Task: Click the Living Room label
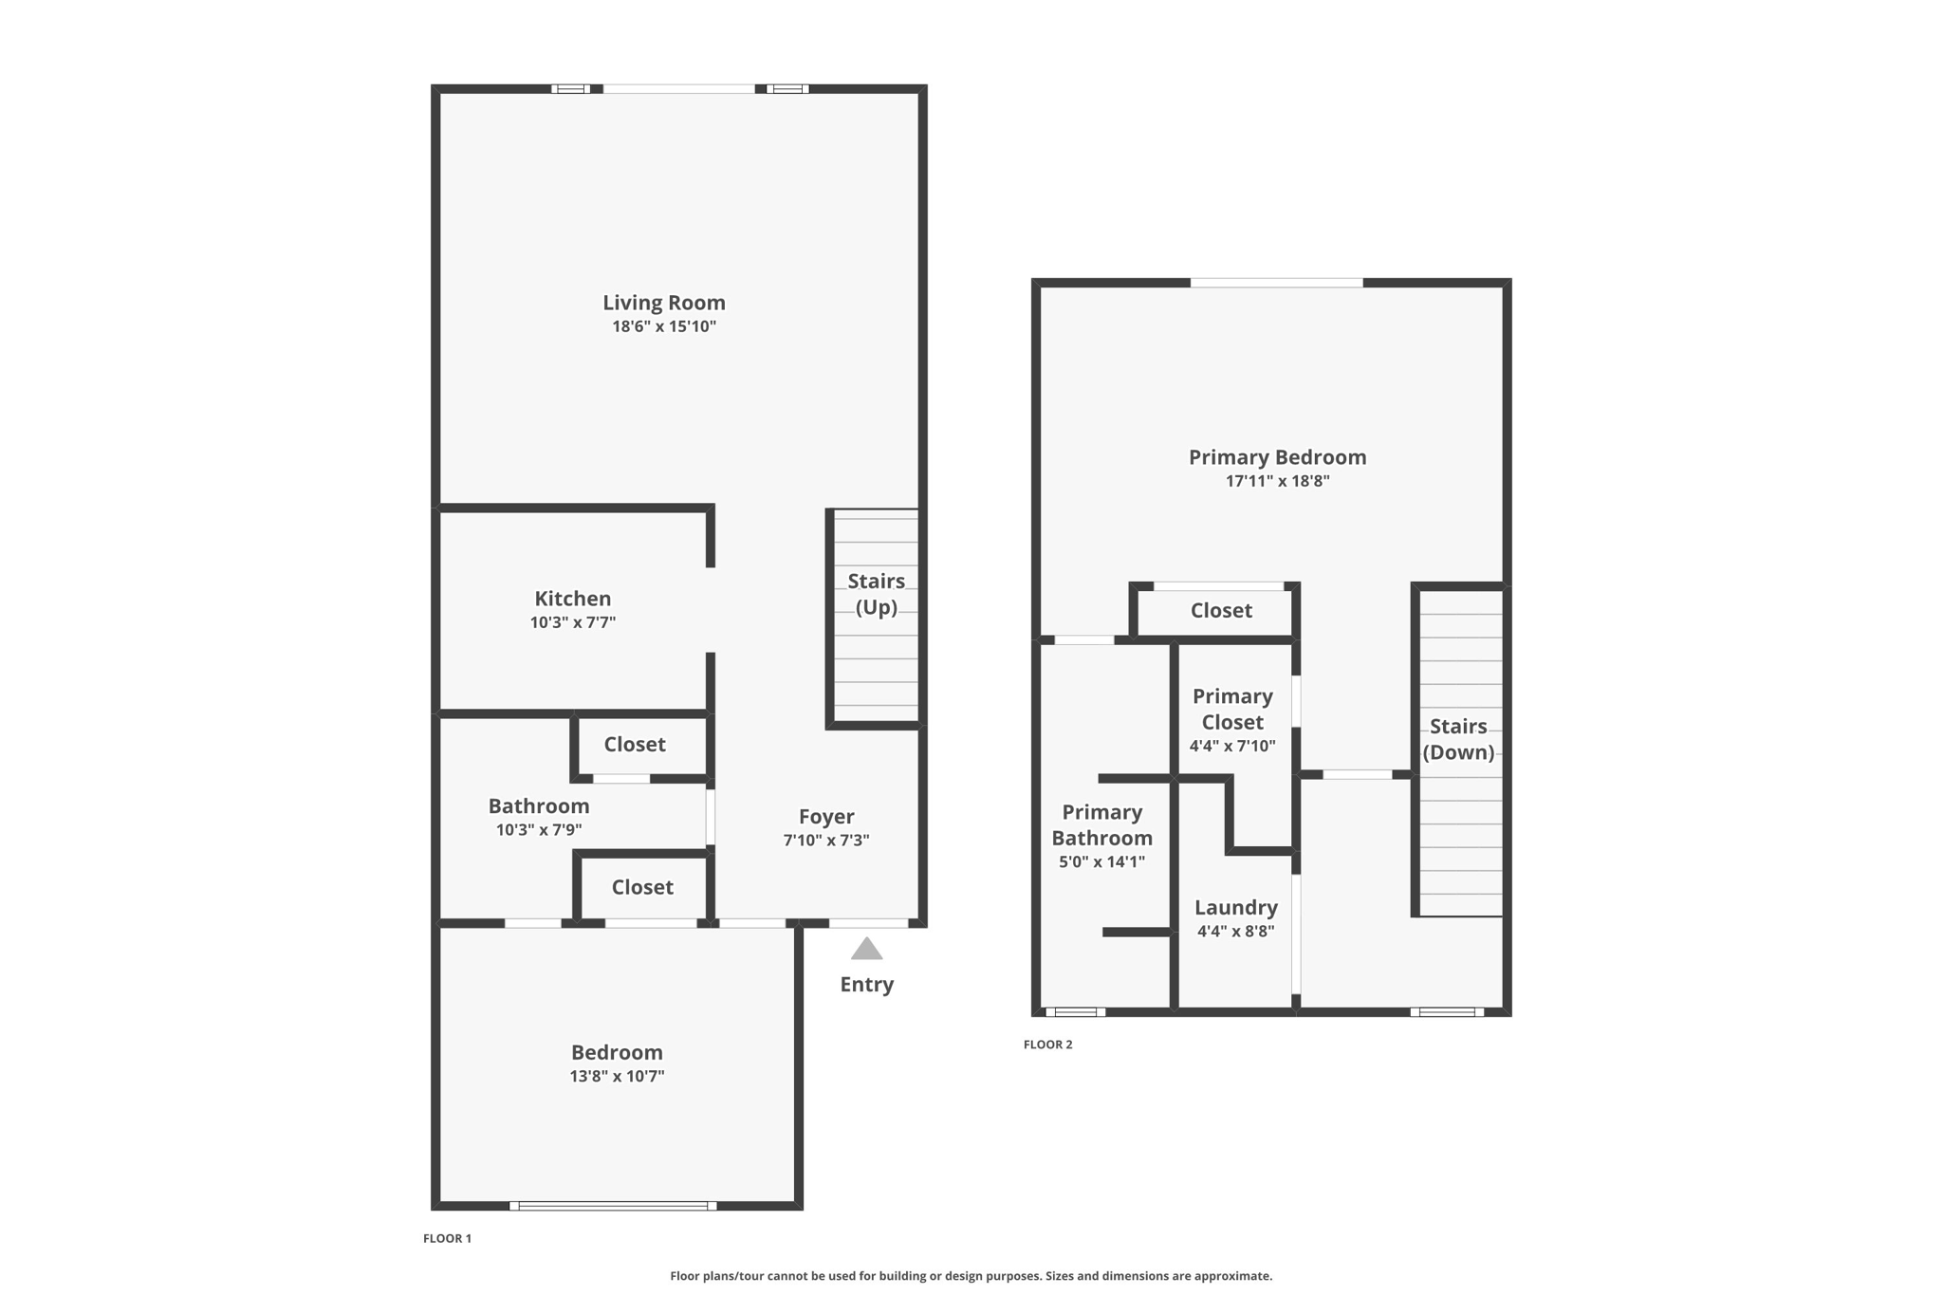pyautogui.click(x=664, y=303)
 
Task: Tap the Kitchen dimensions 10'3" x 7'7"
pyautogui.click(x=573, y=622)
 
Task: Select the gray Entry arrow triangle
pyautogui.click(x=866, y=949)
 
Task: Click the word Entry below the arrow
pyautogui.click(x=867, y=985)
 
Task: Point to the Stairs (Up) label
pyautogui.click(x=877, y=594)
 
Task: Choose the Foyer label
pyautogui.click(x=826, y=817)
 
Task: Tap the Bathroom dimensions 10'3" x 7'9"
pyautogui.click(x=539, y=830)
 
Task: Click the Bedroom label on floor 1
pyautogui.click(x=617, y=1052)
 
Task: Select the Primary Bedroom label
pyautogui.click(x=1278, y=457)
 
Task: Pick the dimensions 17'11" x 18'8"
pyautogui.click(x=1278, y=481)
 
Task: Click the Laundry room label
pyautogui.click(x=1236, y=908)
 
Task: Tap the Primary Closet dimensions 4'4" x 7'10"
pyautogui.click(x=1232, y=746)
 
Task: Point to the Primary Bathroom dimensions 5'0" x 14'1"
pyautogui.click(x=1102, y=862)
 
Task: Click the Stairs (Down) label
pyautogui.click(x=1458, y=739)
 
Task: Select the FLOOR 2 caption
pyautogui.click(x=1048, y=1045)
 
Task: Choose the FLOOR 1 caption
pyautogui.click(x=448, y=1238)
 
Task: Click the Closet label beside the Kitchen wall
pyautogui.click(x=635, y=745)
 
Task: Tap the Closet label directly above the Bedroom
pyautogui.click(x=642, y=887)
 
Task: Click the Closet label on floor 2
pyautogui.click(x=1221, y=611)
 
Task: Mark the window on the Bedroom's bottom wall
pyautogui.click(x=613, y=1206)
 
